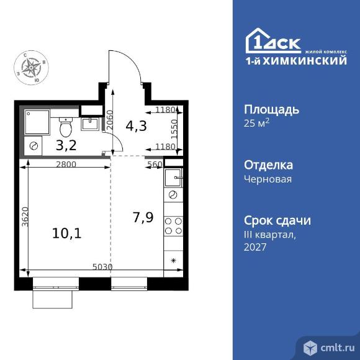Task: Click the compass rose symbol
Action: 31,68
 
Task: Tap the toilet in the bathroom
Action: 66,127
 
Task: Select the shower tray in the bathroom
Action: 37,122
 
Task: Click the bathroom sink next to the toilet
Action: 90,124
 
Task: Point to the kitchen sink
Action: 174,178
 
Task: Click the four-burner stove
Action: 173,226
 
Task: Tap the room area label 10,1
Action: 67,233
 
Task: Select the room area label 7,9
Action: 143,217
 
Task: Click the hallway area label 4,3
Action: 136,126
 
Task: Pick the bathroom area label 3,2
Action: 66,145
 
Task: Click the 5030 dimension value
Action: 102,267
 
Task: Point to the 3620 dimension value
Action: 25,217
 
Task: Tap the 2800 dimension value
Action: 66,164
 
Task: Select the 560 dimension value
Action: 155,164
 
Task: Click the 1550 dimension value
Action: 174,129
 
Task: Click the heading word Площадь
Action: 272,110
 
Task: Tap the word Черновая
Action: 268,179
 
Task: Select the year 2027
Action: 255,247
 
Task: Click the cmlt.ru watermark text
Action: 338,348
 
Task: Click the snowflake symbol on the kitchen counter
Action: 174,261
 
